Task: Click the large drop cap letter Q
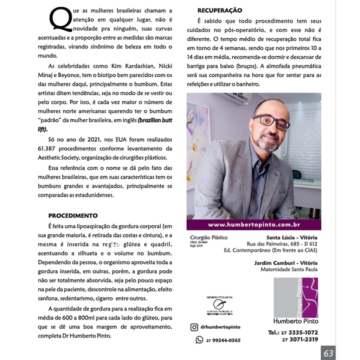(60, 19)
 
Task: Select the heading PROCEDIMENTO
(73, 216)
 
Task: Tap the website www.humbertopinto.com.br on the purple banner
(254, 225)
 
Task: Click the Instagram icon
(194, 327)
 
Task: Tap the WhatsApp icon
(199, 340)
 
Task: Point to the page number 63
(328, 353)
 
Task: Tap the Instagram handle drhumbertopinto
(221, 327)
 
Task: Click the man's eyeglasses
(271, 122)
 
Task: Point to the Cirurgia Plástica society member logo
(220, 306)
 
